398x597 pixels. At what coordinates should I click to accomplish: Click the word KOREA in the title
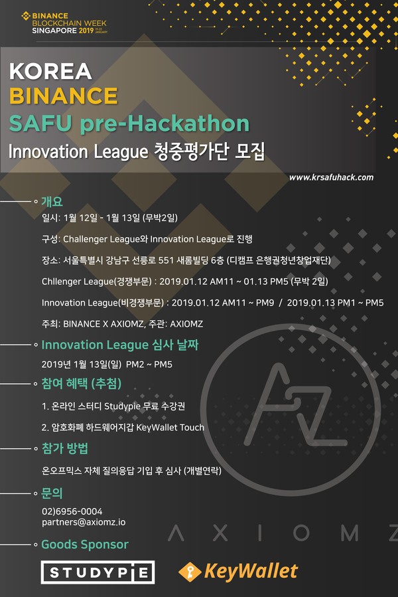point(50,71)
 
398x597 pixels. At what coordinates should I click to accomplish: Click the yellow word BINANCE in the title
point(64,96)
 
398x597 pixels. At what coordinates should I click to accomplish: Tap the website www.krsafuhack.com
point(331,177)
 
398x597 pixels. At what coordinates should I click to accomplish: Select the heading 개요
point(52,201)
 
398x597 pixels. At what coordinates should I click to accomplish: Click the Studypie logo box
point(98,572)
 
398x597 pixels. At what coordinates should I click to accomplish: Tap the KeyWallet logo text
point(251,571)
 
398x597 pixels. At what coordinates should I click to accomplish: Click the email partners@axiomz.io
point(84,523)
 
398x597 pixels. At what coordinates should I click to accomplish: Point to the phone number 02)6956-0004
point(72,511)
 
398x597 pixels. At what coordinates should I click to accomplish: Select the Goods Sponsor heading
point(85,545)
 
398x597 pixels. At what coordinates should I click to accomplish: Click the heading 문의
point(52,493)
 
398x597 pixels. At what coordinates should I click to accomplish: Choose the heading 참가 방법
point(65,448)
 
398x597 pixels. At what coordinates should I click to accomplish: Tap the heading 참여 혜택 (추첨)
point(82,383)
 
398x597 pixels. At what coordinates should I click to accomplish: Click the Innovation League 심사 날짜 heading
point(120,345)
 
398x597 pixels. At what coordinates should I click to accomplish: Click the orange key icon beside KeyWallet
point(190,572)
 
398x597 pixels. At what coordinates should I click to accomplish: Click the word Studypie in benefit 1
point(122,406)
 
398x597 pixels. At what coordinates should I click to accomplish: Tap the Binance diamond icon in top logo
point(26,16)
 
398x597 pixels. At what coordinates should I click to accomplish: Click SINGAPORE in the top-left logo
point(54,31)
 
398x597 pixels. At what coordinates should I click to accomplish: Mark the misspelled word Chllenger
point(59,282)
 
